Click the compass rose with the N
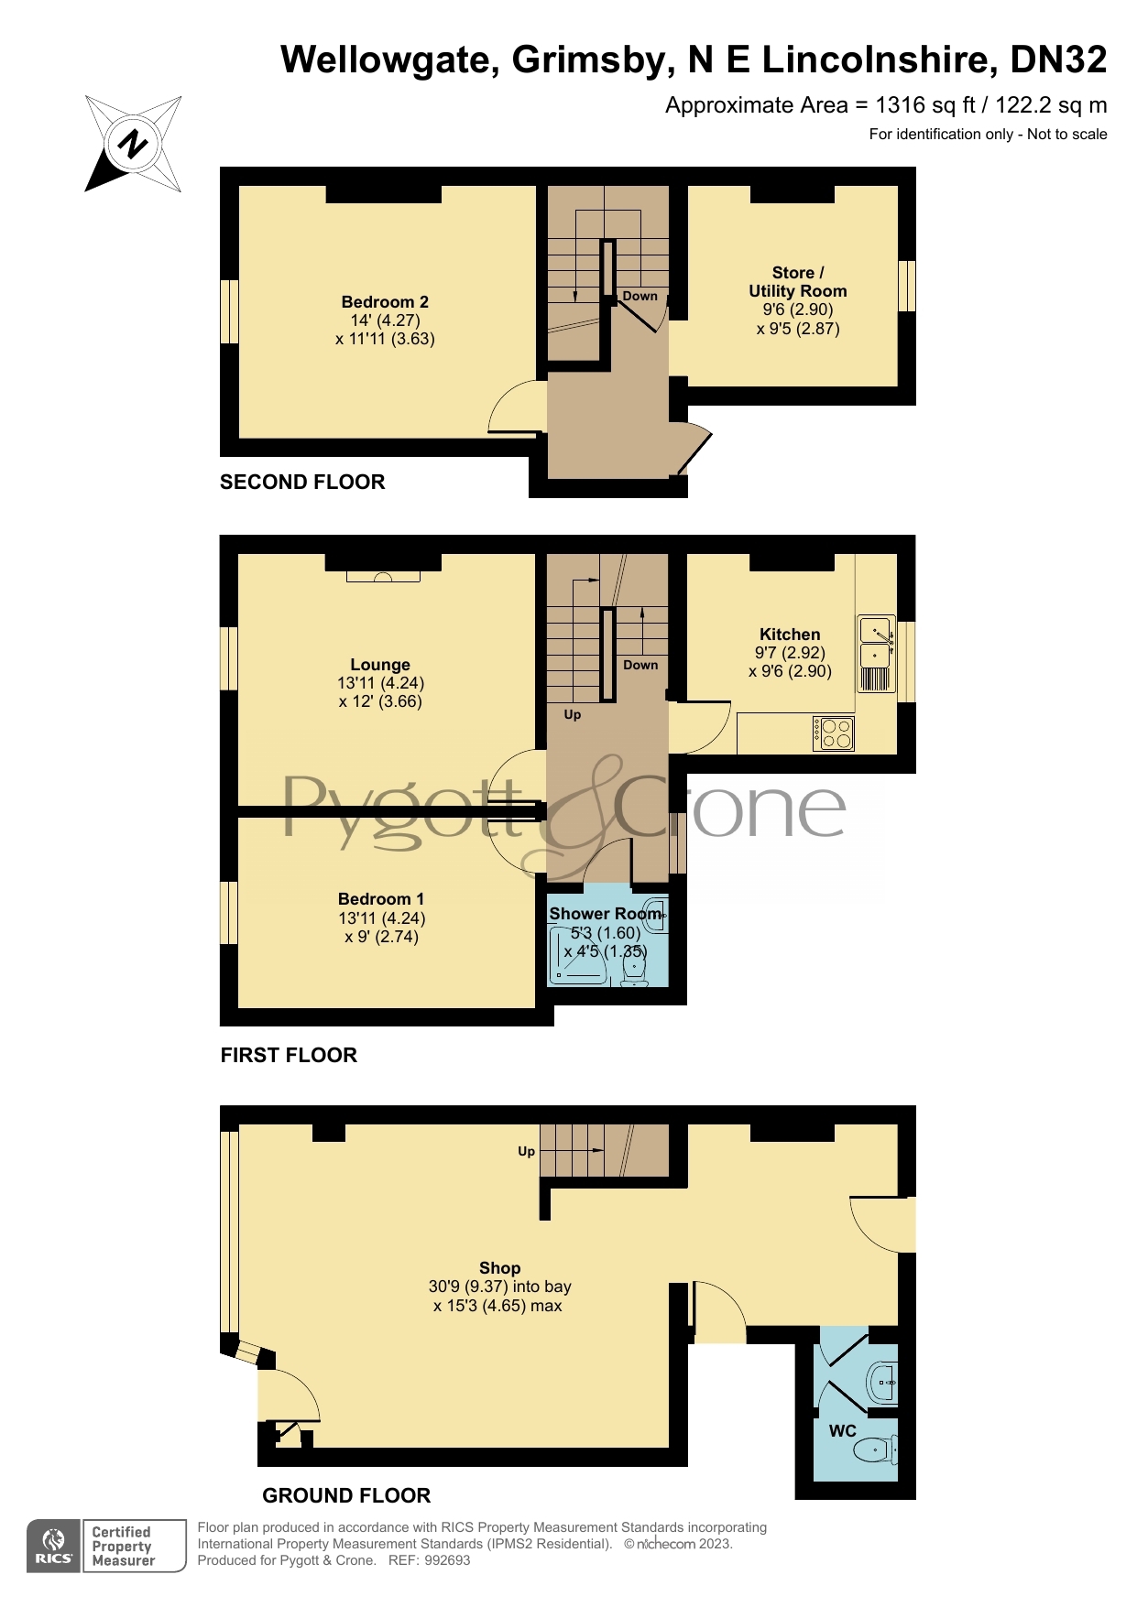(134, 144)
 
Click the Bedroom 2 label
(385, 302)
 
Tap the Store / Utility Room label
(797, 282)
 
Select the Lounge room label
(380, 665)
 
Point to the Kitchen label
(790, 635)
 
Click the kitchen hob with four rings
(835, 733)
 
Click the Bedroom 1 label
(381, 899)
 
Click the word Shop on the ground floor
(499, 1268)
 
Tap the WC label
(843, 1431)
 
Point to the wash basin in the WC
(882, 1381)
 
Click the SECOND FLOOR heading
(302, 483)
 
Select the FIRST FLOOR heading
(289, 1055)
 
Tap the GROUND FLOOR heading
(346, 1495)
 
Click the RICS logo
(54, 1547)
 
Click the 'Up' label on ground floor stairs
(526, 1151)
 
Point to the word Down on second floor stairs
(640, 296)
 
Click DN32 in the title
(1058, 60)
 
